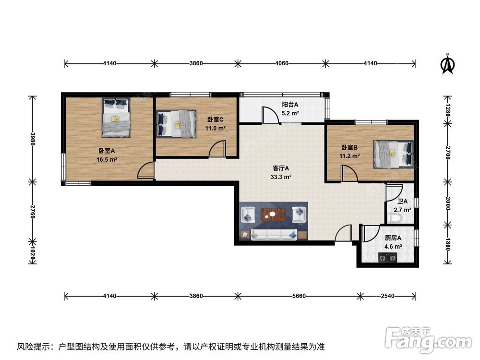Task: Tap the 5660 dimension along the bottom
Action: (x=299, y=296)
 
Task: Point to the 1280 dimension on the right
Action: (x=448, y=110)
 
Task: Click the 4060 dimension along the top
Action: (x=282, y=63)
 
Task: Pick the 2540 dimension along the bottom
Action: (x=387, y=296)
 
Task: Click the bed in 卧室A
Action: (x=116, y=118)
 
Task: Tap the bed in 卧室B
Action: (x=394, y=154)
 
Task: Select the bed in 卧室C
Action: (x=176, y=124)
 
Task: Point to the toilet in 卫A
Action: (x=394, y=218)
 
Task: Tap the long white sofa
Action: (x=274, y=235)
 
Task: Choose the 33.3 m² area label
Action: (x=281, y=177)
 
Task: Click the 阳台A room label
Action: (x=290, y=104)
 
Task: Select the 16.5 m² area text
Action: (x=107, y=159)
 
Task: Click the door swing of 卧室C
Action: (x=217, y=149)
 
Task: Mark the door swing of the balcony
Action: (x=270, y=115)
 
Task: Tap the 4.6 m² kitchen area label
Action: (x=393, y=246)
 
